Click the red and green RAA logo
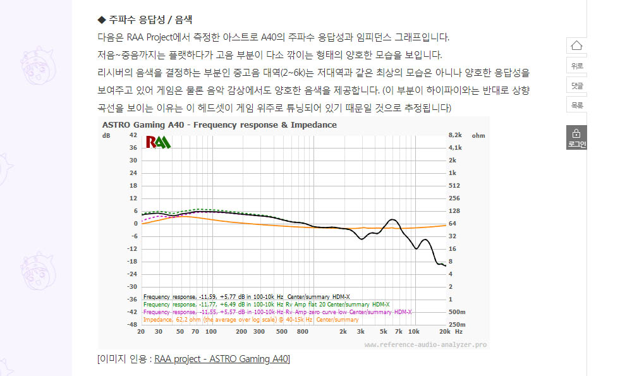158,142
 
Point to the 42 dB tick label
133,135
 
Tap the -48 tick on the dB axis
131,324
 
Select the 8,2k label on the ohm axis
455,135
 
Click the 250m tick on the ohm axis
456,324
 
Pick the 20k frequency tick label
444,332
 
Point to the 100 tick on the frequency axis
211,332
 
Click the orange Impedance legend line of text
251,319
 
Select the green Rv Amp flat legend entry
266,304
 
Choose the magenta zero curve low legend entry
277,312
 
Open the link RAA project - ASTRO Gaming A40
222,360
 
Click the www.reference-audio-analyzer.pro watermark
425,345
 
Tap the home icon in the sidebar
576,45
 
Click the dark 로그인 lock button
576,137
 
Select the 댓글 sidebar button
576,85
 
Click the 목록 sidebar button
576,105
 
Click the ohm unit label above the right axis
478,135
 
